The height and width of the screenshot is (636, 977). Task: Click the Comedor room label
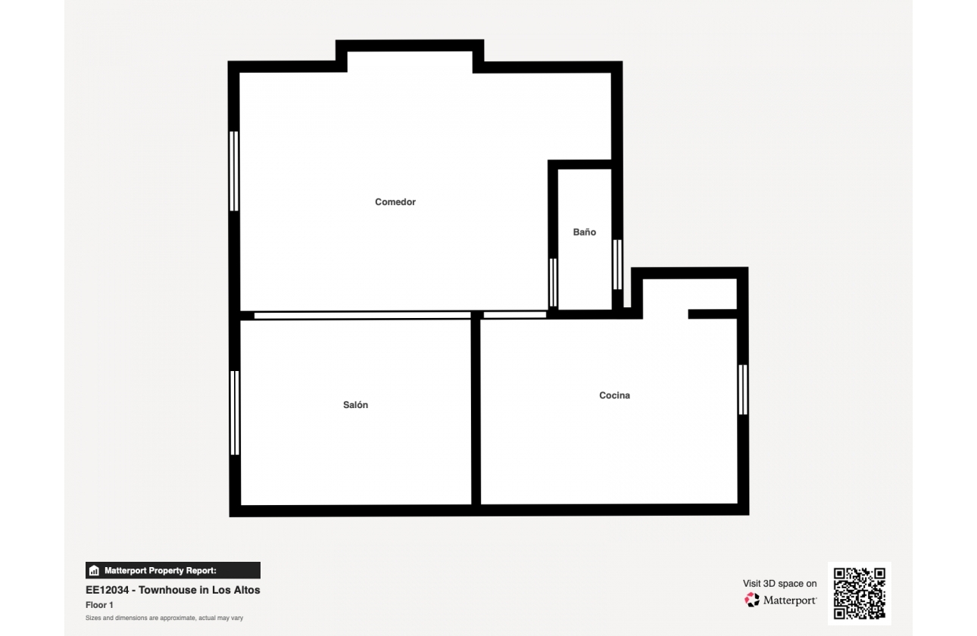coord(395,202)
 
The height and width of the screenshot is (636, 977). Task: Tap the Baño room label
coord(585,232)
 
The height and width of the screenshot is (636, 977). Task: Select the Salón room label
coord(355,405)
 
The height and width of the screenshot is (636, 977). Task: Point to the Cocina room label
coord(614,395)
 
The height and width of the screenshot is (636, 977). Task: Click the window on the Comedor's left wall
coord(234,171)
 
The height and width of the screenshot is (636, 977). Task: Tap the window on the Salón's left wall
coord(234,413)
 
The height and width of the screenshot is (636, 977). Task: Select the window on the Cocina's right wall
coord(743,390)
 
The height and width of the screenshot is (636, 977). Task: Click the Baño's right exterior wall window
coord(617,264)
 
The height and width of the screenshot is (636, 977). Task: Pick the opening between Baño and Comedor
coord(553,282)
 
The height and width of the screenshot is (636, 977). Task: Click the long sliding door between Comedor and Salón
coord(363,315)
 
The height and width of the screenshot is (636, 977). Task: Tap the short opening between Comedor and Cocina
coord(515,315)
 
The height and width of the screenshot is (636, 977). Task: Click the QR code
coord(860,594)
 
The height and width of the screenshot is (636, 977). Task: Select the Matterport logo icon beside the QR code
coord(751,600)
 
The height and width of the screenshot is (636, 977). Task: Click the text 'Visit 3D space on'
coord(780,583)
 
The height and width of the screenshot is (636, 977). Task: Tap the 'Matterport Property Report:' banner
coord(173,570)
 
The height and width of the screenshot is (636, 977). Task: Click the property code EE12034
coord(108,590)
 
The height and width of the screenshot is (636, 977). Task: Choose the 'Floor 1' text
coord(99,605)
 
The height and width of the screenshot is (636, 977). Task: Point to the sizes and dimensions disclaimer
coord(164,618)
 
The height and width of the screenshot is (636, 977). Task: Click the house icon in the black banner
coord(94,570)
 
